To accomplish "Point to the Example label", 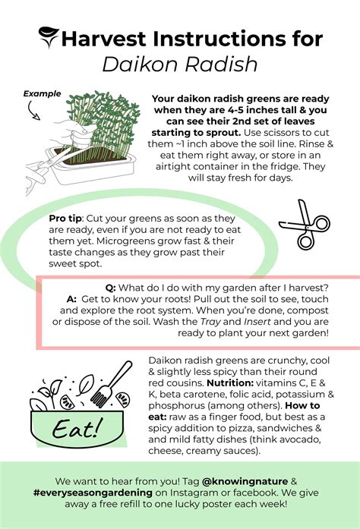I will (43, 94).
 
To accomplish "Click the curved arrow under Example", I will (34, 112).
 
